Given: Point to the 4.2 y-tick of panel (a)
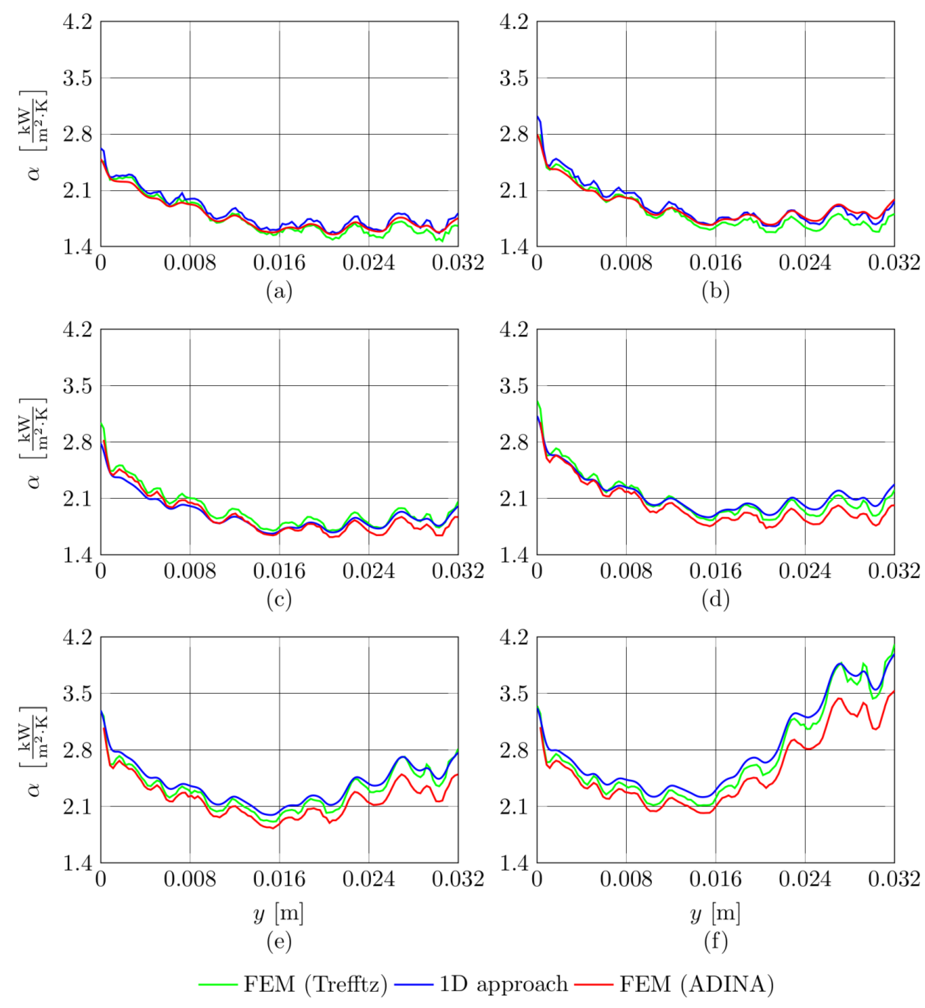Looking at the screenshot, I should pyautogui.click(x=78, y=22).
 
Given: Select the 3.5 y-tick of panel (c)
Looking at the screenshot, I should pyautogui.click(x=78, y=386).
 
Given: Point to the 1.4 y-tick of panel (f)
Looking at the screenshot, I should pyautogui.click(x=514, y=863).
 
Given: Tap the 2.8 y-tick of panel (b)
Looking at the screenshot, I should pyautogui.click(x=514, y=134).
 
